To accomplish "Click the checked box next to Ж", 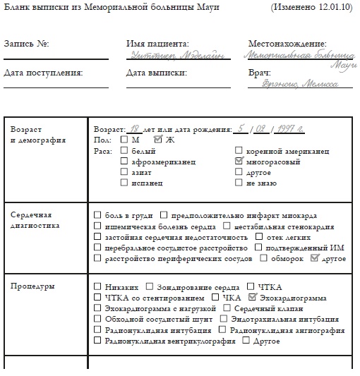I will [x=158, y=140].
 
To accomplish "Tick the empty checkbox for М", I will [x=124, y=140].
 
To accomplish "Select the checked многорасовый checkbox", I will [x=239, y=162].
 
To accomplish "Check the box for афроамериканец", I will [x=124, y=162].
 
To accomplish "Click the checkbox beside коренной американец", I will [x=239, y=151].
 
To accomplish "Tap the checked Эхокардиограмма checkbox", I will [x=253, y=298].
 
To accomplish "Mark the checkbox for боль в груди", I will [x=97, y=214].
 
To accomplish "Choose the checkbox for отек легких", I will [x=260, y=237].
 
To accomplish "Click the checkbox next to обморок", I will [x=283, y=259].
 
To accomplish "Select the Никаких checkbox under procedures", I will [x=97, y=287].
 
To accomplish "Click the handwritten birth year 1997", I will [x=289, y=129].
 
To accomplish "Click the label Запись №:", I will [x=26, y=43].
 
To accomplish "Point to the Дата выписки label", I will [x=156, y=72].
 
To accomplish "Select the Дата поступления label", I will [x=43, y=72].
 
